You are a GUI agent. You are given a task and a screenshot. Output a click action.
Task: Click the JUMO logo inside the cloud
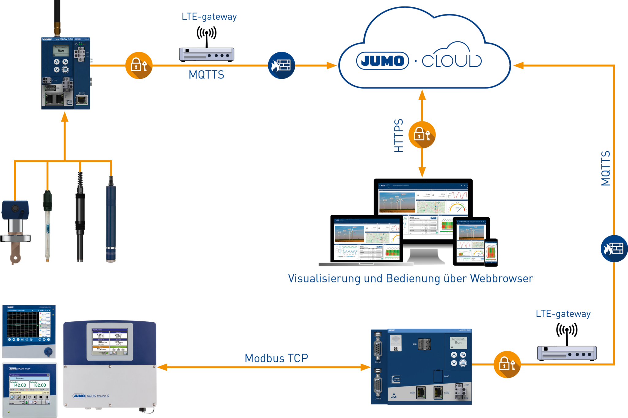click(x=382, y=61)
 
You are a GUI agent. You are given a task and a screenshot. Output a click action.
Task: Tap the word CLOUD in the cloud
click(x=452, y=61)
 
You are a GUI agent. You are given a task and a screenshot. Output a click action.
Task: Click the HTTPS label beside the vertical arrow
click(x=398, y=136)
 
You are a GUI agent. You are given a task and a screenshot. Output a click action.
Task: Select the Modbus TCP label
click(x=276, y=358)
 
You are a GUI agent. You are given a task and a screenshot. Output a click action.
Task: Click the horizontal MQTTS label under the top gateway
click(x=206, y=75)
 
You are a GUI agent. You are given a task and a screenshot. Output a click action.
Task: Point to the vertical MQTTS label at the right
click(x=606, y=168)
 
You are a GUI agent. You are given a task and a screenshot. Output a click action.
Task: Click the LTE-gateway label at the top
click(x=209, y=17)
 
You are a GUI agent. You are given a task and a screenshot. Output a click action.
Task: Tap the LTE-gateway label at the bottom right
click(x=563, y=314)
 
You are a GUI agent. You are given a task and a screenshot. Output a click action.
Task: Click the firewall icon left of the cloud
click(x=281, y=65)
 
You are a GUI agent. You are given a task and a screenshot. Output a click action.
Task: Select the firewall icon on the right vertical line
click(x=614, y=248)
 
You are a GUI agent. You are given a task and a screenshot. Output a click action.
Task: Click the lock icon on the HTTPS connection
click(x=422, y=135)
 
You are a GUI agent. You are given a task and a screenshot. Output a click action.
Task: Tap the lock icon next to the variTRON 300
click(x=139, y=65)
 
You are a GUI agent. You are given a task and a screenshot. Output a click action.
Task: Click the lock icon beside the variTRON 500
click(x=507, y=364)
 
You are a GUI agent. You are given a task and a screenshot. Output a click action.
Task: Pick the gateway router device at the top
click(x=207, y=55)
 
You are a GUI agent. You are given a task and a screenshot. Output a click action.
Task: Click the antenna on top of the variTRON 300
click(x=57, y=17)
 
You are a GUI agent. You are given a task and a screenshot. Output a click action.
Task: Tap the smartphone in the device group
click(x=491, y=252)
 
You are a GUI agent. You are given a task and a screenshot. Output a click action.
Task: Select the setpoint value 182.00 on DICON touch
click(x=39, y=385)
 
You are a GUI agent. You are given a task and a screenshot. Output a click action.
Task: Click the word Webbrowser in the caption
click(x=502, y=278)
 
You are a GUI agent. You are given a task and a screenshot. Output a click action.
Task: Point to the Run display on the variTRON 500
click(x=458, y=343)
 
